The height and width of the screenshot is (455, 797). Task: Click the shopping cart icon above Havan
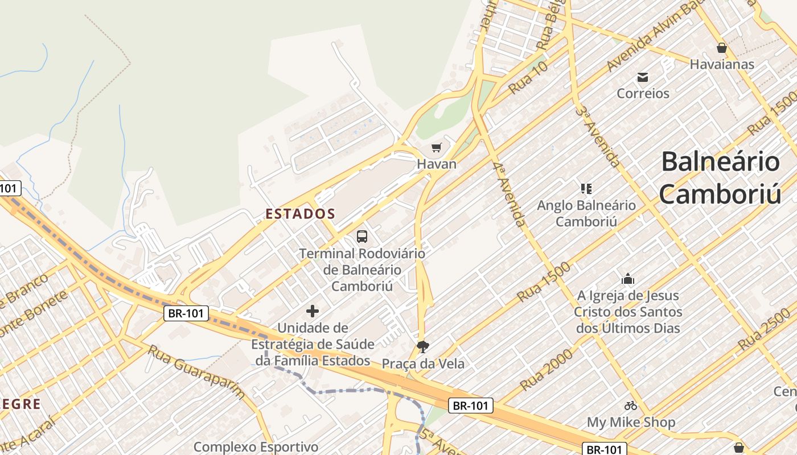coord(437,148)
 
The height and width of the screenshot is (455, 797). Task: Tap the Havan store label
coord(437,164)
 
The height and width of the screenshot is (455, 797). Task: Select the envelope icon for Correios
coord(643,77)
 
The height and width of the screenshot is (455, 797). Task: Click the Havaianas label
coord(722,64)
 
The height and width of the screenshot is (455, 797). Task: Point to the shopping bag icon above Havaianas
coord(722,48)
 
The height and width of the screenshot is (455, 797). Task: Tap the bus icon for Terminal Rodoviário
coord(361,237)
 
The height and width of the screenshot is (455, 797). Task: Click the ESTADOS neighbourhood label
coord(301,214)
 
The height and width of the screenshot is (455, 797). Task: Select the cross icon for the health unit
coord(313,311)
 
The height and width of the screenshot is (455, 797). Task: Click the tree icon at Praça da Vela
coord(422,346)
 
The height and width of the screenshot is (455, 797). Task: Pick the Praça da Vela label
coord(423,363)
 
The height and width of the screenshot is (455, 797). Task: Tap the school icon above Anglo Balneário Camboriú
coord(586,188)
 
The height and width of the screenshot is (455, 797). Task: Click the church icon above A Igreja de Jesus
coord(628,279)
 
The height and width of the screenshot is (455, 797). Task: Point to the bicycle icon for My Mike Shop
coord(631,406)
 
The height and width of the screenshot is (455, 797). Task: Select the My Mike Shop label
coord(631,422)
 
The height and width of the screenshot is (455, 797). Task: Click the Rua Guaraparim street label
coord(196,371)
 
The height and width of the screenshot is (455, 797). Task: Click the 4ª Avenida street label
coord(509,194)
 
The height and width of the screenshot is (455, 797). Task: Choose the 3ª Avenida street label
coord(597,136)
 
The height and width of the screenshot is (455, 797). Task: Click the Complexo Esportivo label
coord(256,447)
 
